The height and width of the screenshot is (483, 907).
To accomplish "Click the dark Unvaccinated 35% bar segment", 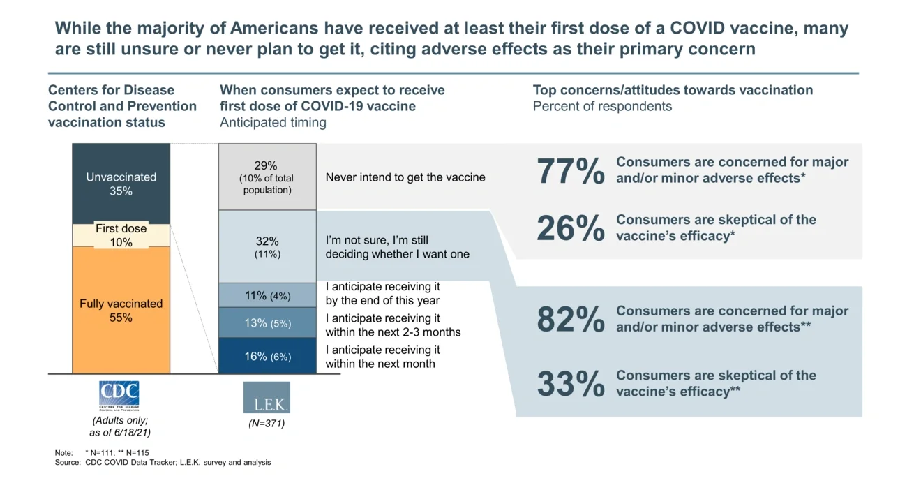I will click(x=121, y=183).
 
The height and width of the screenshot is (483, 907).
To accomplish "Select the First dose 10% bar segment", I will click(x=121, y=235).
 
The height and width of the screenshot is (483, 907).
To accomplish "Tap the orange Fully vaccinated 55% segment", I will click(x=121, y=311).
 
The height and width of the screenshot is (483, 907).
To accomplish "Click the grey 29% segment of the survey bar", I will click(x=267, y=177).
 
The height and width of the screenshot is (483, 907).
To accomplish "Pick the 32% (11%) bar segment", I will click(x=267, y=247).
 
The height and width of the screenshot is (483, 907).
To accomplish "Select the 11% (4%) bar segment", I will click(x=267, y=295).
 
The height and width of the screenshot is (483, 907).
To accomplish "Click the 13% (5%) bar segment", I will click(x=267, y=323).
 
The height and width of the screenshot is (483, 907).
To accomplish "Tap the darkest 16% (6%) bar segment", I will click(x=267, y=356).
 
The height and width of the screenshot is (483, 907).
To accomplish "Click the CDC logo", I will click(x=119, y=396).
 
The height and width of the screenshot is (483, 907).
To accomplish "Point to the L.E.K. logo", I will click(x=267, y=397).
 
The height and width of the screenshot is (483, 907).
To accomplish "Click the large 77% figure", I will click(x=570, y=172).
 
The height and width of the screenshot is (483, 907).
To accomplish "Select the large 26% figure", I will click(x=570, y=228).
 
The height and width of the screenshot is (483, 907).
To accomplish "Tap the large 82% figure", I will click(x=570, y=320).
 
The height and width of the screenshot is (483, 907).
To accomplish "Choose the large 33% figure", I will click(x=570, y=384).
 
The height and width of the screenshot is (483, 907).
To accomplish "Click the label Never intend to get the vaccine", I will click(x=405, y=177).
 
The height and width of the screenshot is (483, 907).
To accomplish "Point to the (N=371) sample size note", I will click(x=267, y=423).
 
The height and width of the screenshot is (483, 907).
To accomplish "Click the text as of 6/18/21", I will click(x=120, y=433).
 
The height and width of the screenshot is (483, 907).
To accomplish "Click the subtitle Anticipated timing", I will click(x=273, y=122).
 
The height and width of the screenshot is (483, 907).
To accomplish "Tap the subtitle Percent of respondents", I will click(x=602, y=106).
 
